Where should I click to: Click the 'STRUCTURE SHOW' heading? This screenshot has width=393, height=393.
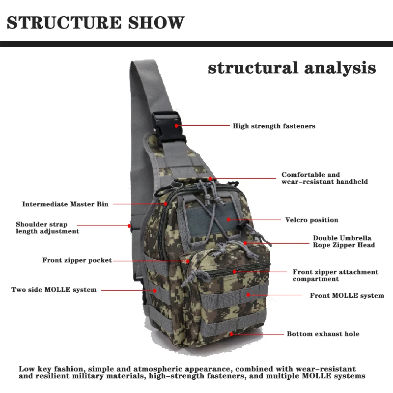tap(96, 23)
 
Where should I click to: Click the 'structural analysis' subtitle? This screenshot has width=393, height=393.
tap(292, 68)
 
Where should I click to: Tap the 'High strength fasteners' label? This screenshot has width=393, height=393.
tap(274, 126)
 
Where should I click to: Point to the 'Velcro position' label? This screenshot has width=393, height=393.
tap(311, 220)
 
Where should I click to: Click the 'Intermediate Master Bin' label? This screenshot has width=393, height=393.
tap(65, 204)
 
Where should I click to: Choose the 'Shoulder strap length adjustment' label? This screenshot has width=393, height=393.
tap(47, 228)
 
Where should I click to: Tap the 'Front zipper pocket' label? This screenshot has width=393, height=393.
tap(77, 260)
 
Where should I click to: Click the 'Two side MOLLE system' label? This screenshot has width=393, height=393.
tap(54, 290)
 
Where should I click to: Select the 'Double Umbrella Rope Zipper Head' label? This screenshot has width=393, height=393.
tap(343, 242)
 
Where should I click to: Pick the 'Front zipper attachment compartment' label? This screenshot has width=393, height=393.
tap(336, 276)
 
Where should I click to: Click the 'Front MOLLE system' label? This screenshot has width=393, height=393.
tap(347, 296)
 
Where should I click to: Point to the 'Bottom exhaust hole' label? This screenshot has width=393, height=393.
tap(323, 334)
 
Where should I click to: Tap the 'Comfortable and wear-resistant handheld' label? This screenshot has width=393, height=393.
tap(324, 178)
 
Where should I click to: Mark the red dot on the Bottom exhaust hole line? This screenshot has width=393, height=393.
tap(231, 334)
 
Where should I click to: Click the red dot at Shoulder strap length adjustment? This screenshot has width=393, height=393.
tap(130, 226)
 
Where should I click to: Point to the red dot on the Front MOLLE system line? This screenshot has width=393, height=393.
tap(248, 295)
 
